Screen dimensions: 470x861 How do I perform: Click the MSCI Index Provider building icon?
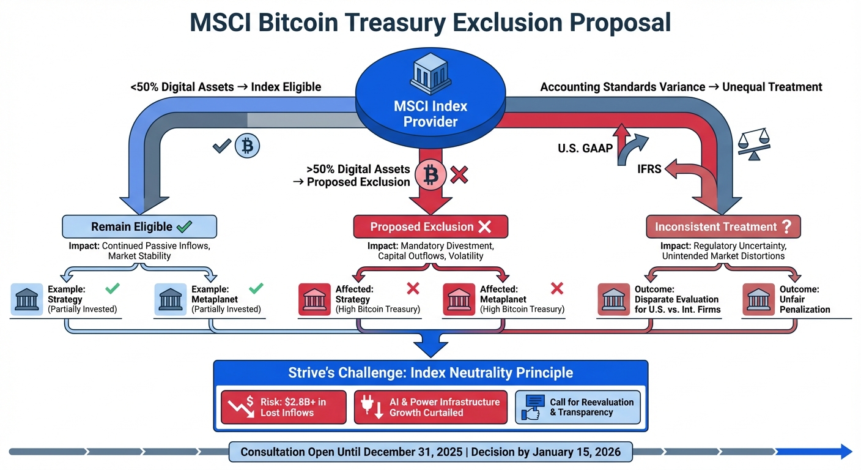pos(430,73)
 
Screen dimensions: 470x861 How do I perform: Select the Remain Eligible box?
pos(139,226)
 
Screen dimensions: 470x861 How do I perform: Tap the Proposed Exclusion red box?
pos(430,226)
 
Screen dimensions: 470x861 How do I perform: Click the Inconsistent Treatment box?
pos(723,226)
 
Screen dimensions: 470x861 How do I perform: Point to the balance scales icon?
pos(755,143)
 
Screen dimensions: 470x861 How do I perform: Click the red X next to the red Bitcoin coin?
pos(459,176)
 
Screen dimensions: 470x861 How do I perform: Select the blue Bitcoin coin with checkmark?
pos(247,146)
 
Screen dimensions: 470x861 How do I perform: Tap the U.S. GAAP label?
pos(585,147)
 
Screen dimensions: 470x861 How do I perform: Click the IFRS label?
pos(649,168)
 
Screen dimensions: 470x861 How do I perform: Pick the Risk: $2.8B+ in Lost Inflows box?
pos(284,407)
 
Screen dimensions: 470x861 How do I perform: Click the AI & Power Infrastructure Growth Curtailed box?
pos(430,407)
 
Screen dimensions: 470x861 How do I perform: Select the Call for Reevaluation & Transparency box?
pos(578,407)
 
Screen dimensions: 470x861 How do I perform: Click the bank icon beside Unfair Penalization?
pos(758,299)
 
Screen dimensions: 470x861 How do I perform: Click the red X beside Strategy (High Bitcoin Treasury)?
pos(413,288)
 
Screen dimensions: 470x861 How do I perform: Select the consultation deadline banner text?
pos(430,452)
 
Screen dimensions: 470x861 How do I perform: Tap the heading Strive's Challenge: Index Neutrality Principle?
pos(430,373)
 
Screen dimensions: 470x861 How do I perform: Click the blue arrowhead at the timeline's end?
pos(846,452)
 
